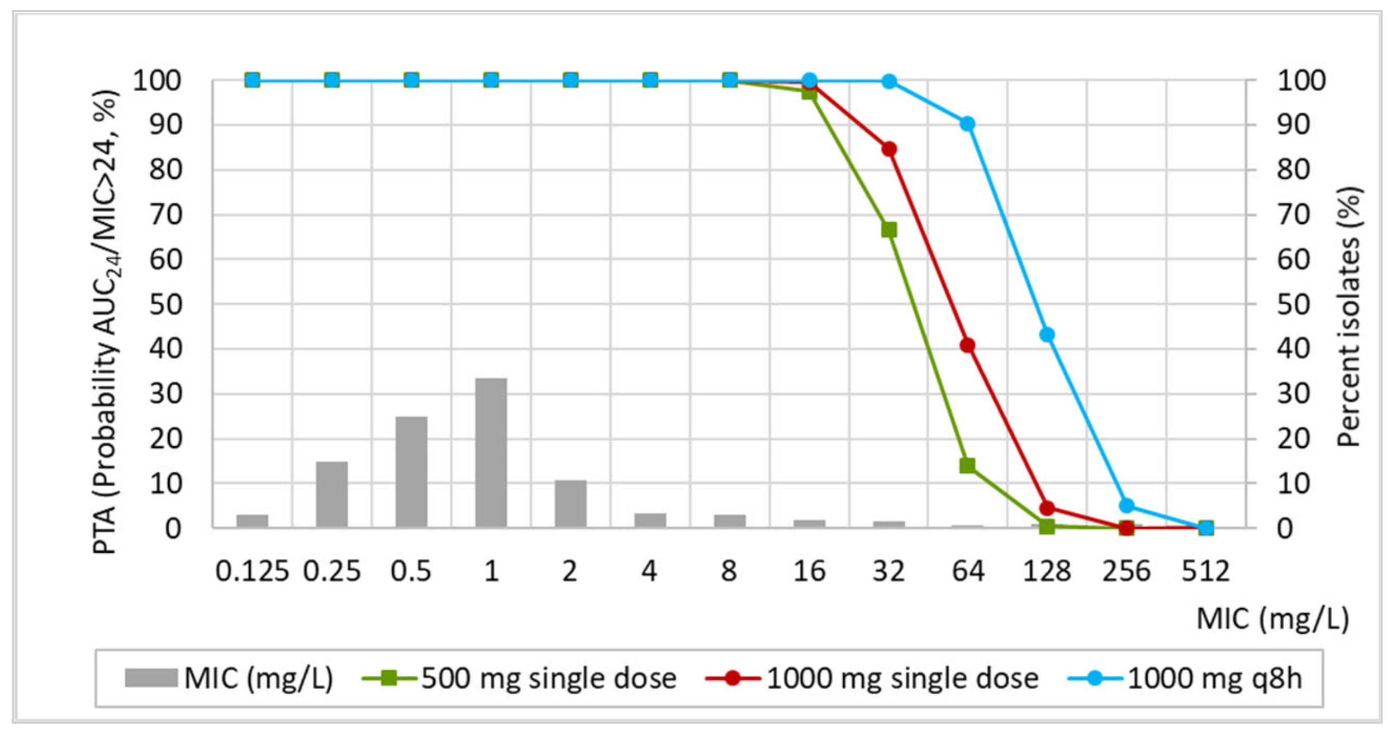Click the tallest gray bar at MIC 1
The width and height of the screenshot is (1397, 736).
coord(491,452)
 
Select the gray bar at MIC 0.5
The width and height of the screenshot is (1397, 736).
coord(411,472)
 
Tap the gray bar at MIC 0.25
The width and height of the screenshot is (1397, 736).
coord(332,494)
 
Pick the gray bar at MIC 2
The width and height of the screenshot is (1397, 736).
coord(571,503)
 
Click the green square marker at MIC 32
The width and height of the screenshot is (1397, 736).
coord(889,230)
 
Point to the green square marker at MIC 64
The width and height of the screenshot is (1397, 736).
coord(968,465)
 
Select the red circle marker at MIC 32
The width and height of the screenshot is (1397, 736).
coord(889,149)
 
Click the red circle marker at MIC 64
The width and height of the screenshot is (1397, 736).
coord(968,345)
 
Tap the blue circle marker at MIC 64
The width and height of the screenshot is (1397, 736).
coord(968,123)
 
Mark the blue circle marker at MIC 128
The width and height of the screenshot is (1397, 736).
coord(1047,334)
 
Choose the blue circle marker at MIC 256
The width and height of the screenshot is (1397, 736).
coord(1127,505)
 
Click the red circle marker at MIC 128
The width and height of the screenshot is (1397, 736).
coord(1047,508)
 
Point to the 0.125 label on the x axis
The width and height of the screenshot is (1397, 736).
coord(252,571)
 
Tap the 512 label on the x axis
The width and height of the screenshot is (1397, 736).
coord(1205,571)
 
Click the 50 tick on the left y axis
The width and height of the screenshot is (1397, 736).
coord(165,305)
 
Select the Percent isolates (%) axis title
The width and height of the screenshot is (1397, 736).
coord(1349,316)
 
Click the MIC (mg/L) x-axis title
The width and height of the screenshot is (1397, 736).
coord(1272,619)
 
